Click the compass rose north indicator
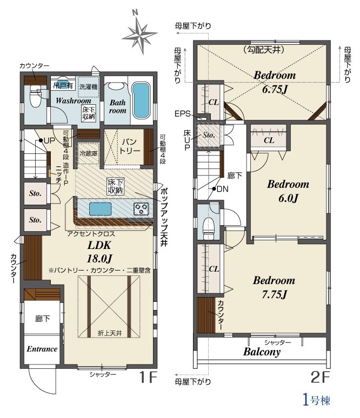click(139, 33)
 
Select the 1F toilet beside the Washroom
click(35, 96)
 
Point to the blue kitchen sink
click(100, 209)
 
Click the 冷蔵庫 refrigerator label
click(88, 154)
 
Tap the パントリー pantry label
click(130, 146)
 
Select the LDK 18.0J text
click(99, 252)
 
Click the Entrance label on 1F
click(42, 349)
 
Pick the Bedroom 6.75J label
click(275, 82)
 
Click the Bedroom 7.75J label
click(274, 287)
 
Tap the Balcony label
click(262, 352)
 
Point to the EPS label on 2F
click(182, 114)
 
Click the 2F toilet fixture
click(209, 228)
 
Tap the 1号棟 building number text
click(317, 400)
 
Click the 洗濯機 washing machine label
click(89, 87)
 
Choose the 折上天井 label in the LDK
click(110, 333)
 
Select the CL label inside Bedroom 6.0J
click(269, 140)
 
